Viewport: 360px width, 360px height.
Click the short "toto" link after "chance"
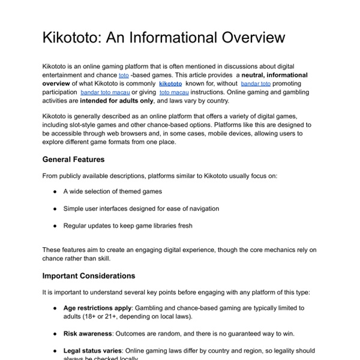(x=124, y=76)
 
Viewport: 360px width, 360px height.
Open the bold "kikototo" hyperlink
(x=170, y=84)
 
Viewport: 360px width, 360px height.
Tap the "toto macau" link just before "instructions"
(x=175, y=93)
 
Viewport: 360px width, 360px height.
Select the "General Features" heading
(x=74, y=160)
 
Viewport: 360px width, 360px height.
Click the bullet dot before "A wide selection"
(x=55, y=191)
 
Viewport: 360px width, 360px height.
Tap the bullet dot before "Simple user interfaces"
(x=55, y=209)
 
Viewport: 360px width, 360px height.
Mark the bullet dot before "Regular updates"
(x=55, y=226)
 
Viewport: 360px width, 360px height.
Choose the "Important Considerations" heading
(x=89, y=276)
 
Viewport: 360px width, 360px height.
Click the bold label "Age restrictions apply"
(x=97, y=308)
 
